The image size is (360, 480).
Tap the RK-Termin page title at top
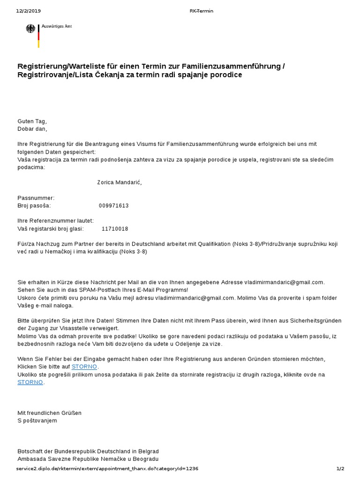point(202,11)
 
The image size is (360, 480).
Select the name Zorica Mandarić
point(119,182)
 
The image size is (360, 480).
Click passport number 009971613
point(114,205)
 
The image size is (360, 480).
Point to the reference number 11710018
point(115,229)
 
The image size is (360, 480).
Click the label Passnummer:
point(36,198)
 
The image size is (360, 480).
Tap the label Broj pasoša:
point(34,205)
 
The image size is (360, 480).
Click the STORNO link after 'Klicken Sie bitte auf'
point(84,367)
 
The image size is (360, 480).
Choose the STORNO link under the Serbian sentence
point(30,382)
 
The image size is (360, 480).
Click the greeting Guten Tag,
point(32,121)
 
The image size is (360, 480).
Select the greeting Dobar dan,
point(32,128)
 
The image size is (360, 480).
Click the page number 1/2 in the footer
point(340,468)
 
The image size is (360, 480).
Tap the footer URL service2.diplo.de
point(101,468)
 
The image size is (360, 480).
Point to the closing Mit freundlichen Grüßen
point(49,413)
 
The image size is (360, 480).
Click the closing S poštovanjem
point(37,420)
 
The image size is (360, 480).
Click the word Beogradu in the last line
point(145,458)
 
